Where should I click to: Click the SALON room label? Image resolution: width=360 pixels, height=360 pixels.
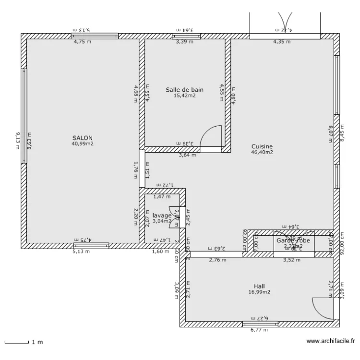tap(83, 138)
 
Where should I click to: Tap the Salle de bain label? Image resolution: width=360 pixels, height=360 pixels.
tap(185, 89)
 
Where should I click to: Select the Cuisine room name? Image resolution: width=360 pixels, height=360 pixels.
tap(262, 146)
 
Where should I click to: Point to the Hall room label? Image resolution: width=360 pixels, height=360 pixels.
tap(259, 286)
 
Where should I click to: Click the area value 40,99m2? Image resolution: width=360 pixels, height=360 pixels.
tap(83, 144)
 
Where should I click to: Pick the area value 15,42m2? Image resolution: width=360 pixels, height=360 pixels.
tap(185, 96)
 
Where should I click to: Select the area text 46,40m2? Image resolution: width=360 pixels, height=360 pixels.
tap(262, 152)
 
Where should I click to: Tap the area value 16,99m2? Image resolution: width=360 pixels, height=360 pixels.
tap(259, 292)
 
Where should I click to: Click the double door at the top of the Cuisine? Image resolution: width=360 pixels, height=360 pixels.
tap(285, 24)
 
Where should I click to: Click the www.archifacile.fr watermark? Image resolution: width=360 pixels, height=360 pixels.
tap(330, 342)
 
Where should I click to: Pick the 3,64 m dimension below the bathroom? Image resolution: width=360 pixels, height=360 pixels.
tap(187, 155)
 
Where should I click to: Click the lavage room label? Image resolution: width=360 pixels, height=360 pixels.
tap(162, 216)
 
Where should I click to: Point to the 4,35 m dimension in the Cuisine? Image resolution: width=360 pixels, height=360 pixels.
tap(282, 42)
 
